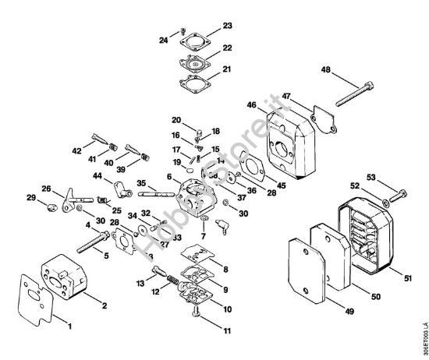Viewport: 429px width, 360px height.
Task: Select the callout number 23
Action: click(x=227, y=26)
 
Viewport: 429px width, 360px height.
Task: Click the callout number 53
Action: click(x=392, y=177)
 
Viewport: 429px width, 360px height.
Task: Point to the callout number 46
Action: click(x=251, y=104)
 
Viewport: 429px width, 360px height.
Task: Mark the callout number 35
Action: click(x=143, y=184)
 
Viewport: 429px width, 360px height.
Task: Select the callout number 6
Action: click(x=168, y=178)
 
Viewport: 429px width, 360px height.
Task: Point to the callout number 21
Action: click(x=227, y=69)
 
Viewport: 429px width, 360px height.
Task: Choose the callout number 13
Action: click(x=142, y=282)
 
